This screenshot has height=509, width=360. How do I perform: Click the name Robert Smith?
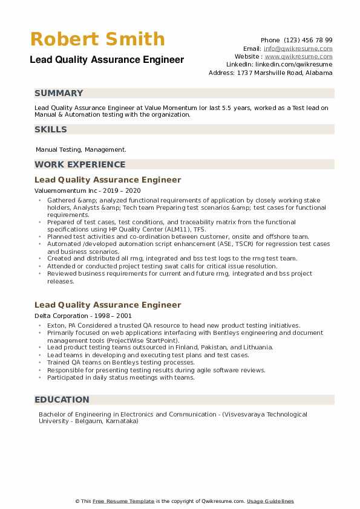97,39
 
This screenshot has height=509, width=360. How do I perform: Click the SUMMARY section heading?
59,94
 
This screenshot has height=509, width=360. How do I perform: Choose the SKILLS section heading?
51,129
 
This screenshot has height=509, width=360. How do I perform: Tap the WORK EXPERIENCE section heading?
80,164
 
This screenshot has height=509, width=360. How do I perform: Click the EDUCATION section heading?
62,400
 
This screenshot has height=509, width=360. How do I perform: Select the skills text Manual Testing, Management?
81,149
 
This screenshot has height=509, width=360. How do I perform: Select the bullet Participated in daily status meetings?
121,377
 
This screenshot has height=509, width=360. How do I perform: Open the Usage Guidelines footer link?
270,501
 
